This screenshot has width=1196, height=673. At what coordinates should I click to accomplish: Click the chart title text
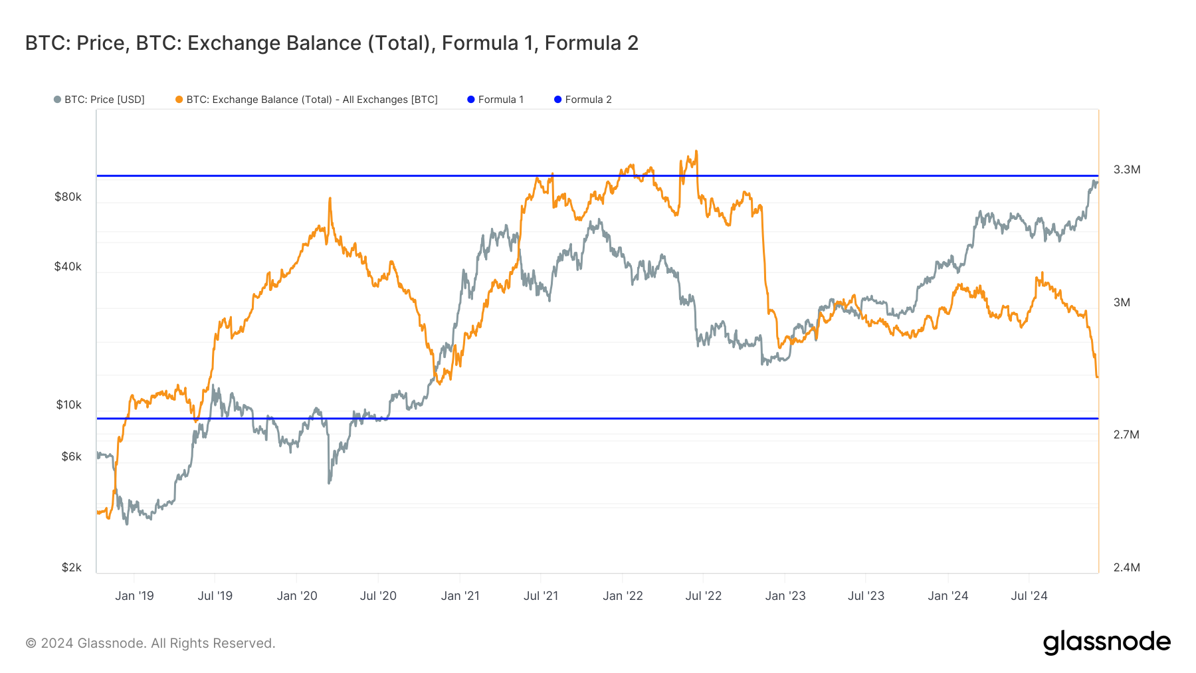pos(332,43)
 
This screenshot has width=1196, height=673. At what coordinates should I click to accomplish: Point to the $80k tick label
pos(68,197)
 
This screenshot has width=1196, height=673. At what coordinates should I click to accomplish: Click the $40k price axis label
pos(68,266)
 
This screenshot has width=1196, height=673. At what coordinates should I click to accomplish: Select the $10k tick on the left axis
pos(68,405)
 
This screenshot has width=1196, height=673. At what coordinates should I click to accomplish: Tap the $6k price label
pos(71,456)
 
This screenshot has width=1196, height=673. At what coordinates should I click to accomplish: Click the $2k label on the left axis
pos(71,567)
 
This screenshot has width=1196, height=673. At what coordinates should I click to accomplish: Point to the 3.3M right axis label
pos(1127,169)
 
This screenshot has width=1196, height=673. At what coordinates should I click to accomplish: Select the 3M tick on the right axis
pos(1122,302)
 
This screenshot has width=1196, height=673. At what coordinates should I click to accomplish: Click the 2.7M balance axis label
pos(1126,434)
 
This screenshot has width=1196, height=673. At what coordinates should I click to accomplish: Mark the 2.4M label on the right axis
pos(1127,567)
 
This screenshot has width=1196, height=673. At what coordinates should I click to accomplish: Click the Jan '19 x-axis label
pos(134,596)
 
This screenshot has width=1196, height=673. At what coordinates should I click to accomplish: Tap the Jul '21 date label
pos(541,596)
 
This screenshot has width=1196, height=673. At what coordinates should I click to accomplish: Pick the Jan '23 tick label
pos(785,596)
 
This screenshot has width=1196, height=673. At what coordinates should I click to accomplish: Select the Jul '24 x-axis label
pos(1029,596)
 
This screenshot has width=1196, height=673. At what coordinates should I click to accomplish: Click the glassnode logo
pos(1106,642)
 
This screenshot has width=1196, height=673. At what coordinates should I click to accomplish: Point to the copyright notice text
pos(150,643)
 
